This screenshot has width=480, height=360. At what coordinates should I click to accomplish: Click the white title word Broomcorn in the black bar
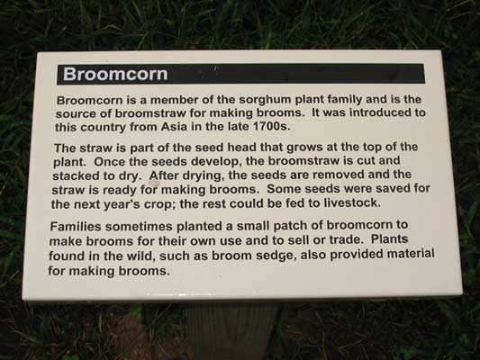pyautogui.click(x=115, y=74)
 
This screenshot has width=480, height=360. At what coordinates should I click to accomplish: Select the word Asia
pyautogui.click(x=174, y=126)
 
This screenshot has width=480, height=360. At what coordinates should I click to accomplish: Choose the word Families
pyautogui.click(x=76, y=226)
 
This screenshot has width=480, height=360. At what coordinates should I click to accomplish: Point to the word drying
pyautogui.click(x=203, y=175)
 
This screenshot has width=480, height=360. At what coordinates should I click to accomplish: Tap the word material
pyautogui.click(x=410, y=254)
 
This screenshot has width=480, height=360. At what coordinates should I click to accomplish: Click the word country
pyautogui.click(x=103, y=127)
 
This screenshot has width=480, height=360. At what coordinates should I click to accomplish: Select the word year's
pyautogui.click(x=122, y=204)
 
